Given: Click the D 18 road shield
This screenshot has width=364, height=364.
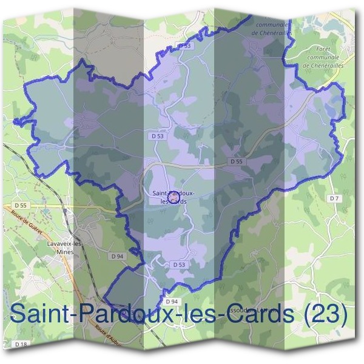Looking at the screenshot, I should point(20,344).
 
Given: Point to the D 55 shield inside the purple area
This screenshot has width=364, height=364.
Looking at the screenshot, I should point(237,162).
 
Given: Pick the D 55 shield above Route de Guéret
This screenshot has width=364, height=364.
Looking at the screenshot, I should point(22,206).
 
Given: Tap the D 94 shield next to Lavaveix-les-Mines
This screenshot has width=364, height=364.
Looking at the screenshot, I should point(118,257).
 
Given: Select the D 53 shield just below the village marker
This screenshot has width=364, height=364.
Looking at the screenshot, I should point(179,265).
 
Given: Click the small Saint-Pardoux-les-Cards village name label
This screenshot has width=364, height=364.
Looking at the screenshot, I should point(174,197).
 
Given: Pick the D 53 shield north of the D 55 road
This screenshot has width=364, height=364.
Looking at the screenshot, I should point(158,136).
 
